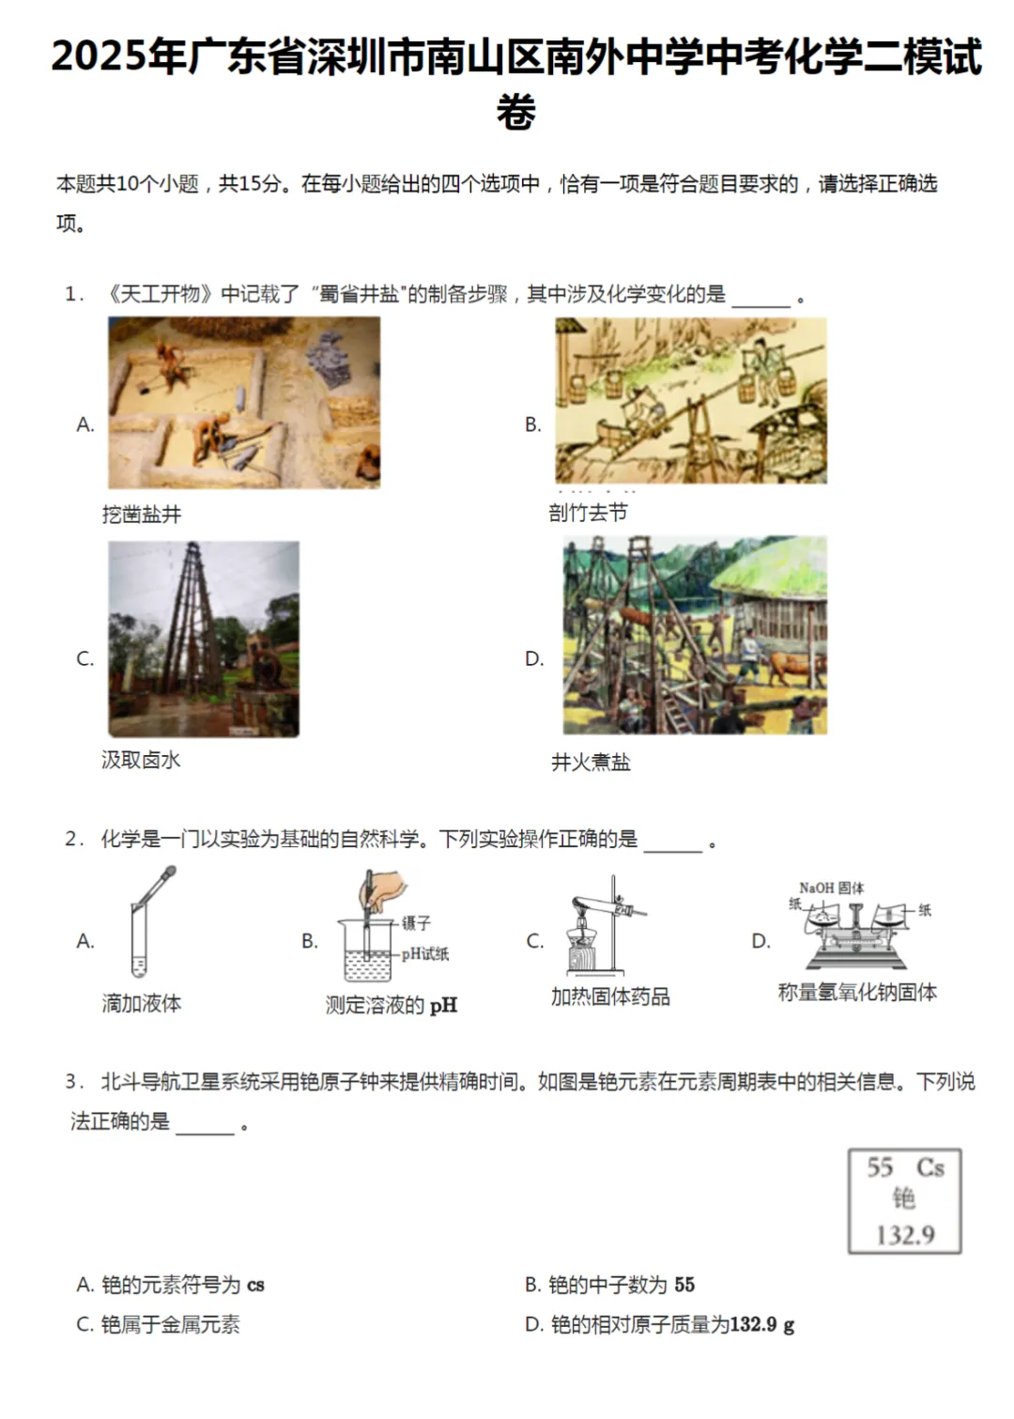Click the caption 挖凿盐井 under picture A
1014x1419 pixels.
tap(142, 514)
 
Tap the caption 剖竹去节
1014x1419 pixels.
tap(589, 512)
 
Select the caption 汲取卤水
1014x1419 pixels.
tap(141, 760)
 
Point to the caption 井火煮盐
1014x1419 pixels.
tap(591, 762)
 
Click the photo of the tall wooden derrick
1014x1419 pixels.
tap(204, 639)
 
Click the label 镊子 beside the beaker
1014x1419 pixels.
tap(416, 923)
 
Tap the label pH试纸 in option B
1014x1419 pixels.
tap(425, 954)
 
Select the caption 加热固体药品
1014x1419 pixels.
tap(610, 996)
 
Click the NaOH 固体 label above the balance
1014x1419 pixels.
tap(831, 887)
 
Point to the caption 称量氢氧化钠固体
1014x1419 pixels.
tap(857, 993)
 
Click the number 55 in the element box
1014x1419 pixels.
tap(880, 1167)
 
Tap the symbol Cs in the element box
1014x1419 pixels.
tap(929, 1167)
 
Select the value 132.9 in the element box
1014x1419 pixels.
tap(905, 1234)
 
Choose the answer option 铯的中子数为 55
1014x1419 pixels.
tap(610, 1285)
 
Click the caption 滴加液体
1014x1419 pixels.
tap(142, 1003)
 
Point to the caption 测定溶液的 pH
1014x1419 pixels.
tap(392, 1005)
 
